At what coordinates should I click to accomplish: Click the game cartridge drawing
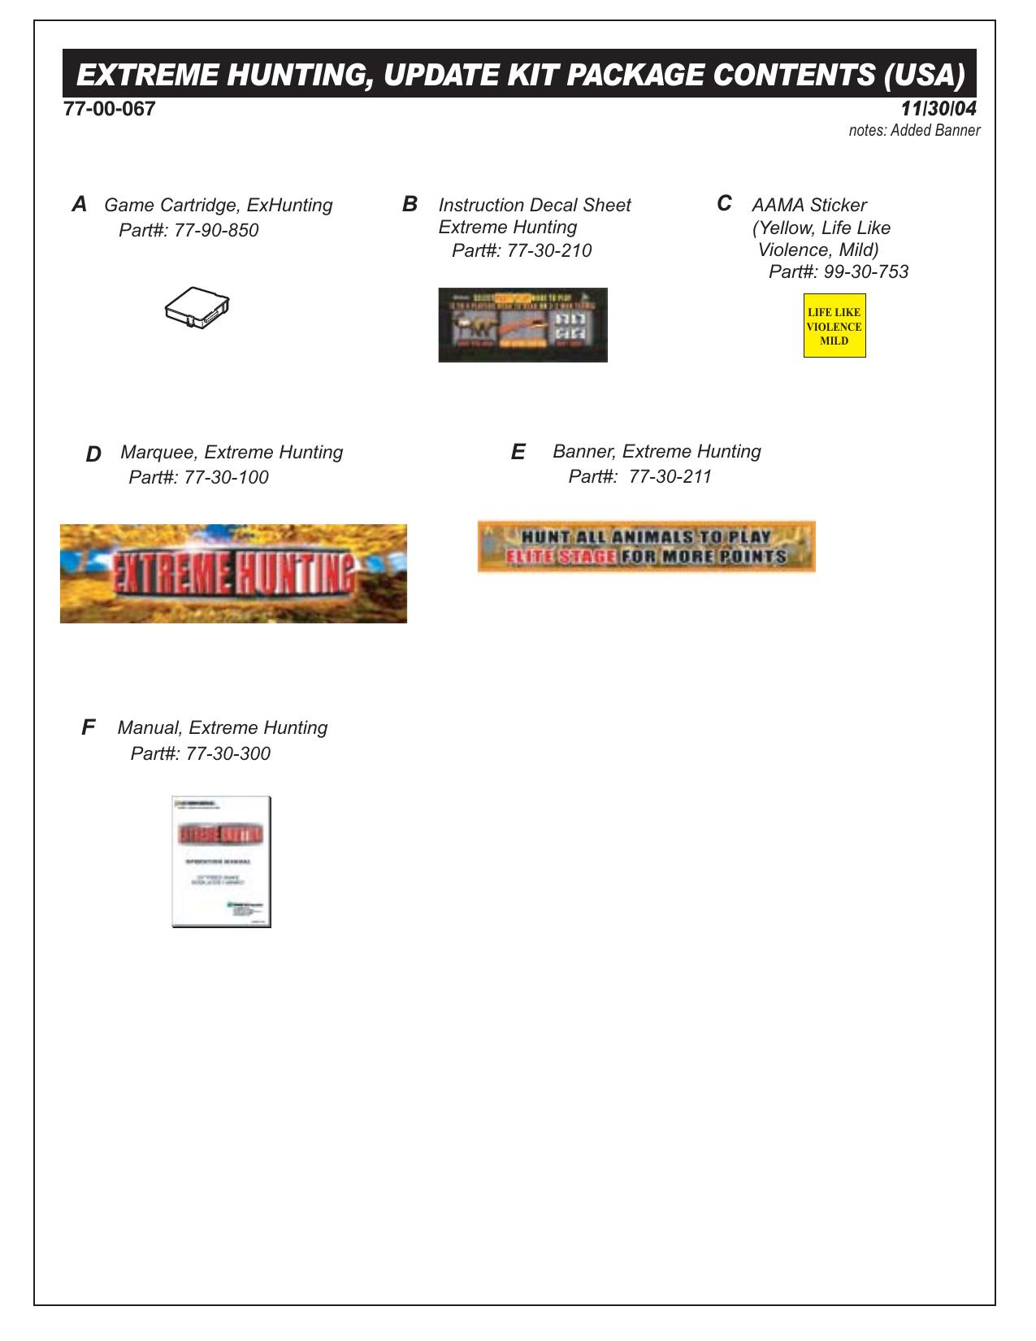pos(197,306)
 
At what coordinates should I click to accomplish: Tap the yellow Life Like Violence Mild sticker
pos(834,326)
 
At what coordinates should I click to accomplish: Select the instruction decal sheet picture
pos(522,325)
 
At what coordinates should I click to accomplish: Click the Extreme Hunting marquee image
pos(233,574)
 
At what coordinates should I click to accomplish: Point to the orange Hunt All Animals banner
pos(646,547)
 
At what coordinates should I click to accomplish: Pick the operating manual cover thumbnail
pos(221,861)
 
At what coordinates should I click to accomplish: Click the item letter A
pos(79,205)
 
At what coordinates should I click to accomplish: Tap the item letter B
pos(410,205)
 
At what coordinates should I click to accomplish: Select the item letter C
pos(723,204)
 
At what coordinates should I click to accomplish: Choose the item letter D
pos(93,454)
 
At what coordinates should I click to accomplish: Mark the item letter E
pos(518,453)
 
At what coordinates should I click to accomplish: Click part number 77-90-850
pos(216,231)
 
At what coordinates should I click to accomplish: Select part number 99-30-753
pos(866,272)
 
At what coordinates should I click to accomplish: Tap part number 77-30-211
pos(670,477)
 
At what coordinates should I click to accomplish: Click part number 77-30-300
pos(228,754)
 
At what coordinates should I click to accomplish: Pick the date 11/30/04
pos(938,109)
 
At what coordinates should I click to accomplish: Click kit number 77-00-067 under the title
pos(110,109)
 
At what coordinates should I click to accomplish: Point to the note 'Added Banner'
pos(935,131)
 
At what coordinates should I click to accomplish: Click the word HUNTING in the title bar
pos(295,75)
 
